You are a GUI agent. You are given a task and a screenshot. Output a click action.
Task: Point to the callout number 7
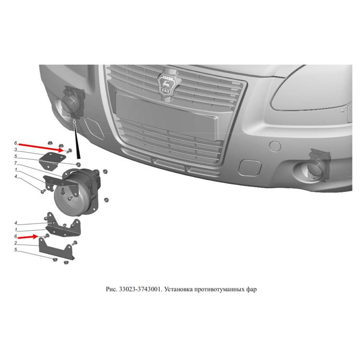coord(16,163)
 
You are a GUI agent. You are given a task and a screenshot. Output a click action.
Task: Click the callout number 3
coord(16,150)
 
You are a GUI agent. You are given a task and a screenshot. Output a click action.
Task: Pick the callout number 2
coord(16,243)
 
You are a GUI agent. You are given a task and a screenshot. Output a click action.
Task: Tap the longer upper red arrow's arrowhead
coord(61,150)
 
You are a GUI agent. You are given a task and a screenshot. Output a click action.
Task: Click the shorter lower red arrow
coord(28,237)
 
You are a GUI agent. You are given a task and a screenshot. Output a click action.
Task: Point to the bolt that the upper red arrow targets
coord(69,151)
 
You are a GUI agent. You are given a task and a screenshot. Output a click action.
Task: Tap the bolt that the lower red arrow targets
coord(47,236)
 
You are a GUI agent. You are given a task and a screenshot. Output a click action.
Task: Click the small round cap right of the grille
coord(275,146)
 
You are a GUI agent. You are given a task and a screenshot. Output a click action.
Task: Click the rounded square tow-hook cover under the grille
coord(249,168)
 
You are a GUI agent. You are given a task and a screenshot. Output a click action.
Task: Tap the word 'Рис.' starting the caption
coord(111,289)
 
